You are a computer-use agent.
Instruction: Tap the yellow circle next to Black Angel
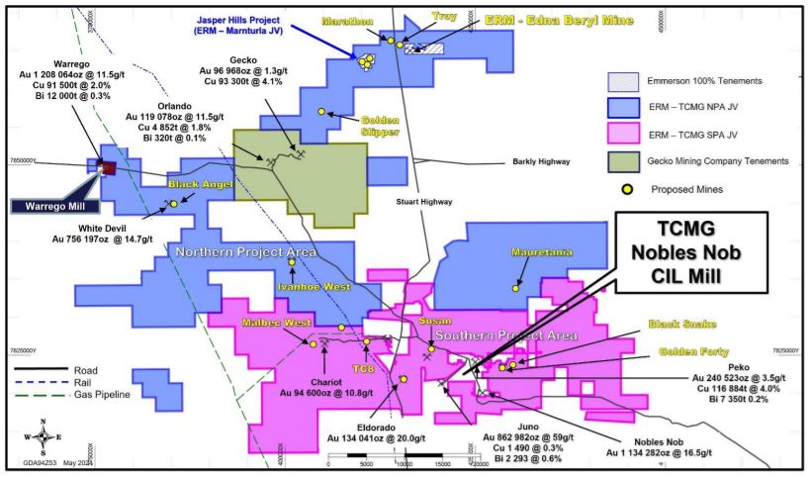pos(173,204)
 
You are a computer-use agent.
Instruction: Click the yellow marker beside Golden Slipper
pos(321,112)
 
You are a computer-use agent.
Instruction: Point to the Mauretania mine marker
pos(516,288)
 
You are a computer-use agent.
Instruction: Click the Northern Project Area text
pos(245,252)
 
